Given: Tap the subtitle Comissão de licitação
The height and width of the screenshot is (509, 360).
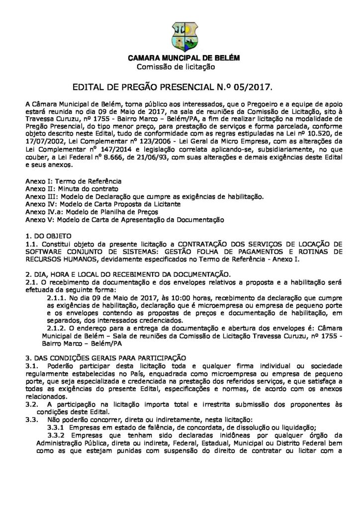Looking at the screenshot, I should pyautogui.click(x=175, y=66).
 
